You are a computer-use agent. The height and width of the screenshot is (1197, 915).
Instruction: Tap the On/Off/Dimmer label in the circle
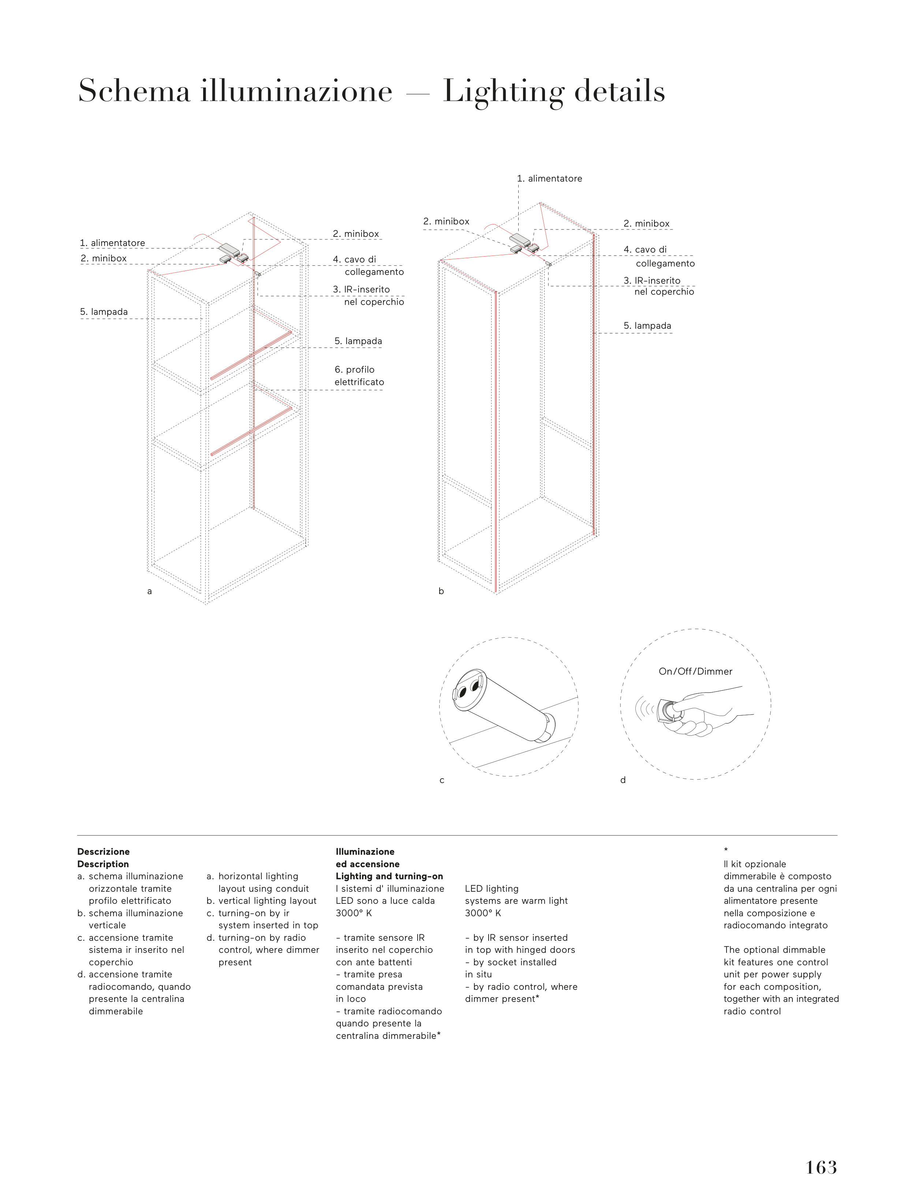[695, 671]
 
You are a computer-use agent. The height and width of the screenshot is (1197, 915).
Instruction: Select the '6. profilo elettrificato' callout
[359, 376]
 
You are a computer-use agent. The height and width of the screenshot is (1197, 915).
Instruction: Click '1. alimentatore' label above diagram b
[549, 179]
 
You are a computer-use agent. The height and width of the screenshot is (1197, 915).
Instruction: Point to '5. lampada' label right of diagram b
[647, 326]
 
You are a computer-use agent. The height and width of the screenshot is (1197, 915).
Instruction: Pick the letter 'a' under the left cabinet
[149, 592]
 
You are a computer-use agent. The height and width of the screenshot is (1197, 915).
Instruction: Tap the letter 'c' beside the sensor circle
[442, 780]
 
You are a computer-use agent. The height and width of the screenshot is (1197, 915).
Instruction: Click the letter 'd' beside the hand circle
[623, 780]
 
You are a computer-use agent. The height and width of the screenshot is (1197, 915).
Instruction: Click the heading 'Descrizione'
[104, 852]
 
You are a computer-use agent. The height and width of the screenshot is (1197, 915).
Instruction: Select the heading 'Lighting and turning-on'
[389, 876]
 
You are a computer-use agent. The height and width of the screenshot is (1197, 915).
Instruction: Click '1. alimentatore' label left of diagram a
[112, 243]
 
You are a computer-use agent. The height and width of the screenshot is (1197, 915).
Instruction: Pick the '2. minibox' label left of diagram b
[446, 221]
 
